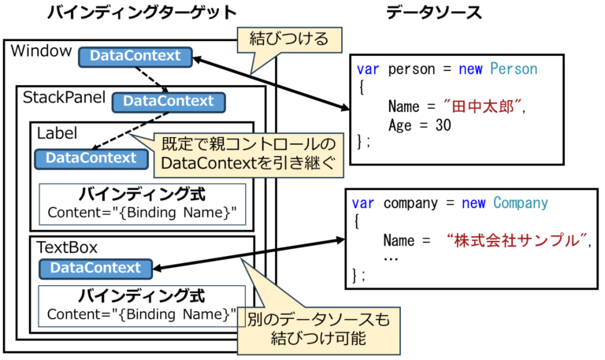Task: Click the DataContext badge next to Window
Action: [x=135, y=57]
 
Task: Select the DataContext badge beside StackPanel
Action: [x=169, y=102]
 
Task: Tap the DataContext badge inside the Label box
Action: [x=91, y=158]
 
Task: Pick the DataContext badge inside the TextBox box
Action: [x=95, y=269]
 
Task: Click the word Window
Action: [x=41, y=52]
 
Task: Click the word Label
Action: [x=57, y=133]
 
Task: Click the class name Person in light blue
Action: [x=514, y=69]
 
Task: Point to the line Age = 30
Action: [x=420, y=125]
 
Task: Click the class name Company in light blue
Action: [x=521, y=203]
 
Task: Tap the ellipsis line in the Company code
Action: [x=391, y=258]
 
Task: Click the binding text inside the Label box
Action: [x=142, y=213]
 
